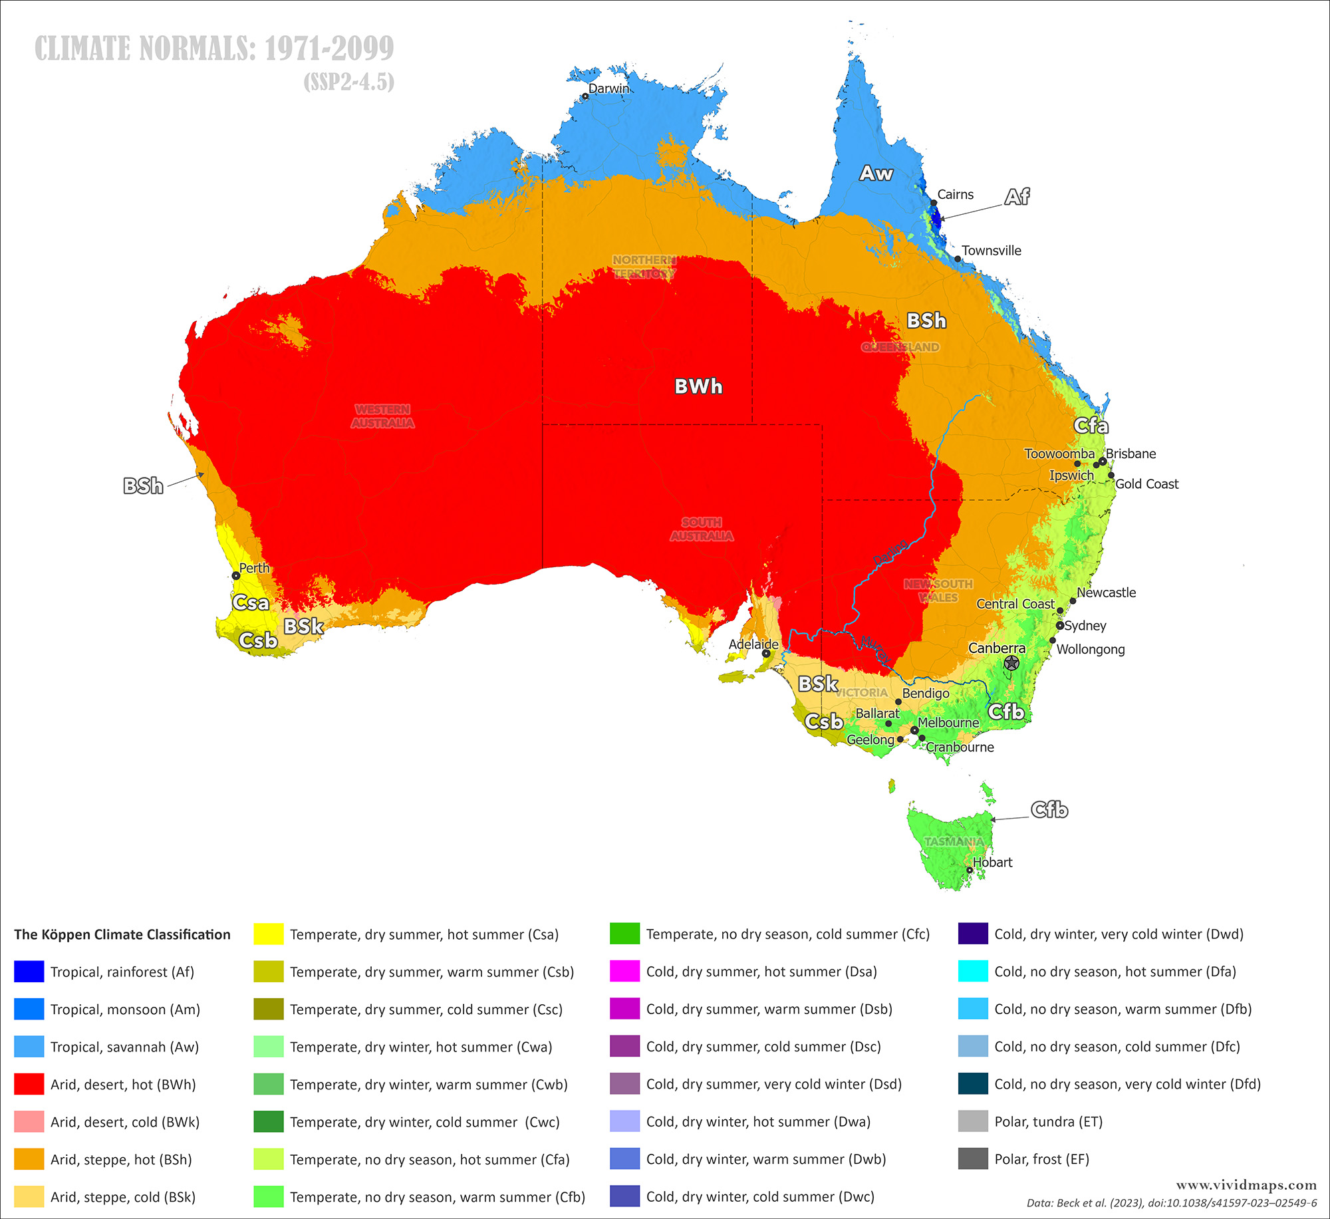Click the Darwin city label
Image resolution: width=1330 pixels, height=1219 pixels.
pyautogui.click(x=608, y=88)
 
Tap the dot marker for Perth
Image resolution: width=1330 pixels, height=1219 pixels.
pyautogui.click(x=236, y=576)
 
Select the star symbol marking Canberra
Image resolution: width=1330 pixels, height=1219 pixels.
pyautogui.click(x=1011, y=662)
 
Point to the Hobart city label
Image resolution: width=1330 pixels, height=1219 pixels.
pyautogui.click(x=992, y=862)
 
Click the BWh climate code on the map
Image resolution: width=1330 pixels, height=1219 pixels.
pyautogui.click(x=698, y=386)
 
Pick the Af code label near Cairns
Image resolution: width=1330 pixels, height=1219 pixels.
pyautogui.click(x=1017, y=196)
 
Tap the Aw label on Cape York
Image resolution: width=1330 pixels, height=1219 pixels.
pyautogui.click(x=876, y=173)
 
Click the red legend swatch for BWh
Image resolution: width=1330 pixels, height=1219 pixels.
pyautogui.click(x=29, y=1084)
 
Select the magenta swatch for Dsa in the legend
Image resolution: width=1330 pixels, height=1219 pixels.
pyautogui.click(x=624, y=971)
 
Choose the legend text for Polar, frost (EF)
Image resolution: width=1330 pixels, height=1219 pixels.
pyautogui.click(x=1041, y=1159)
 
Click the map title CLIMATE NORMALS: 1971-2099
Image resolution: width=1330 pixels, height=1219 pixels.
pyautogui.click(x=214, y=49)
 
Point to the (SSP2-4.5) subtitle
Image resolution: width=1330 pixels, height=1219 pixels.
pyautogui.click(x=348, y=82)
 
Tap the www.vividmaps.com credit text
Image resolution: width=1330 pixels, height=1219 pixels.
pyautogui.click(x=1246, y=1184)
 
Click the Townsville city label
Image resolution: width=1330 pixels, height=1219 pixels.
pyautogui.click(x=991, y=251)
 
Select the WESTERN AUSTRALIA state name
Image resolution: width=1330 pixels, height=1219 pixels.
pyautogui.click(x=382, y=416)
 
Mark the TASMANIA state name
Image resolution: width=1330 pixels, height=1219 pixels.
pyautogui.click(x=953, y=841)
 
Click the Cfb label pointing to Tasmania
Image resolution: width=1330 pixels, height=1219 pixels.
pyautogui.click(x=1049, y=809)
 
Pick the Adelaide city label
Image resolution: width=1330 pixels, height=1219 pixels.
pyautogui.click(x=753, y=644)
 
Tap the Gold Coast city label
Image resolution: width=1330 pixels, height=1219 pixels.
pyautogui.click(x=1146, y=484)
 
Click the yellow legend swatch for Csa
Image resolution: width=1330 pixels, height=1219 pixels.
pyautogui.click(x=269, y=934)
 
